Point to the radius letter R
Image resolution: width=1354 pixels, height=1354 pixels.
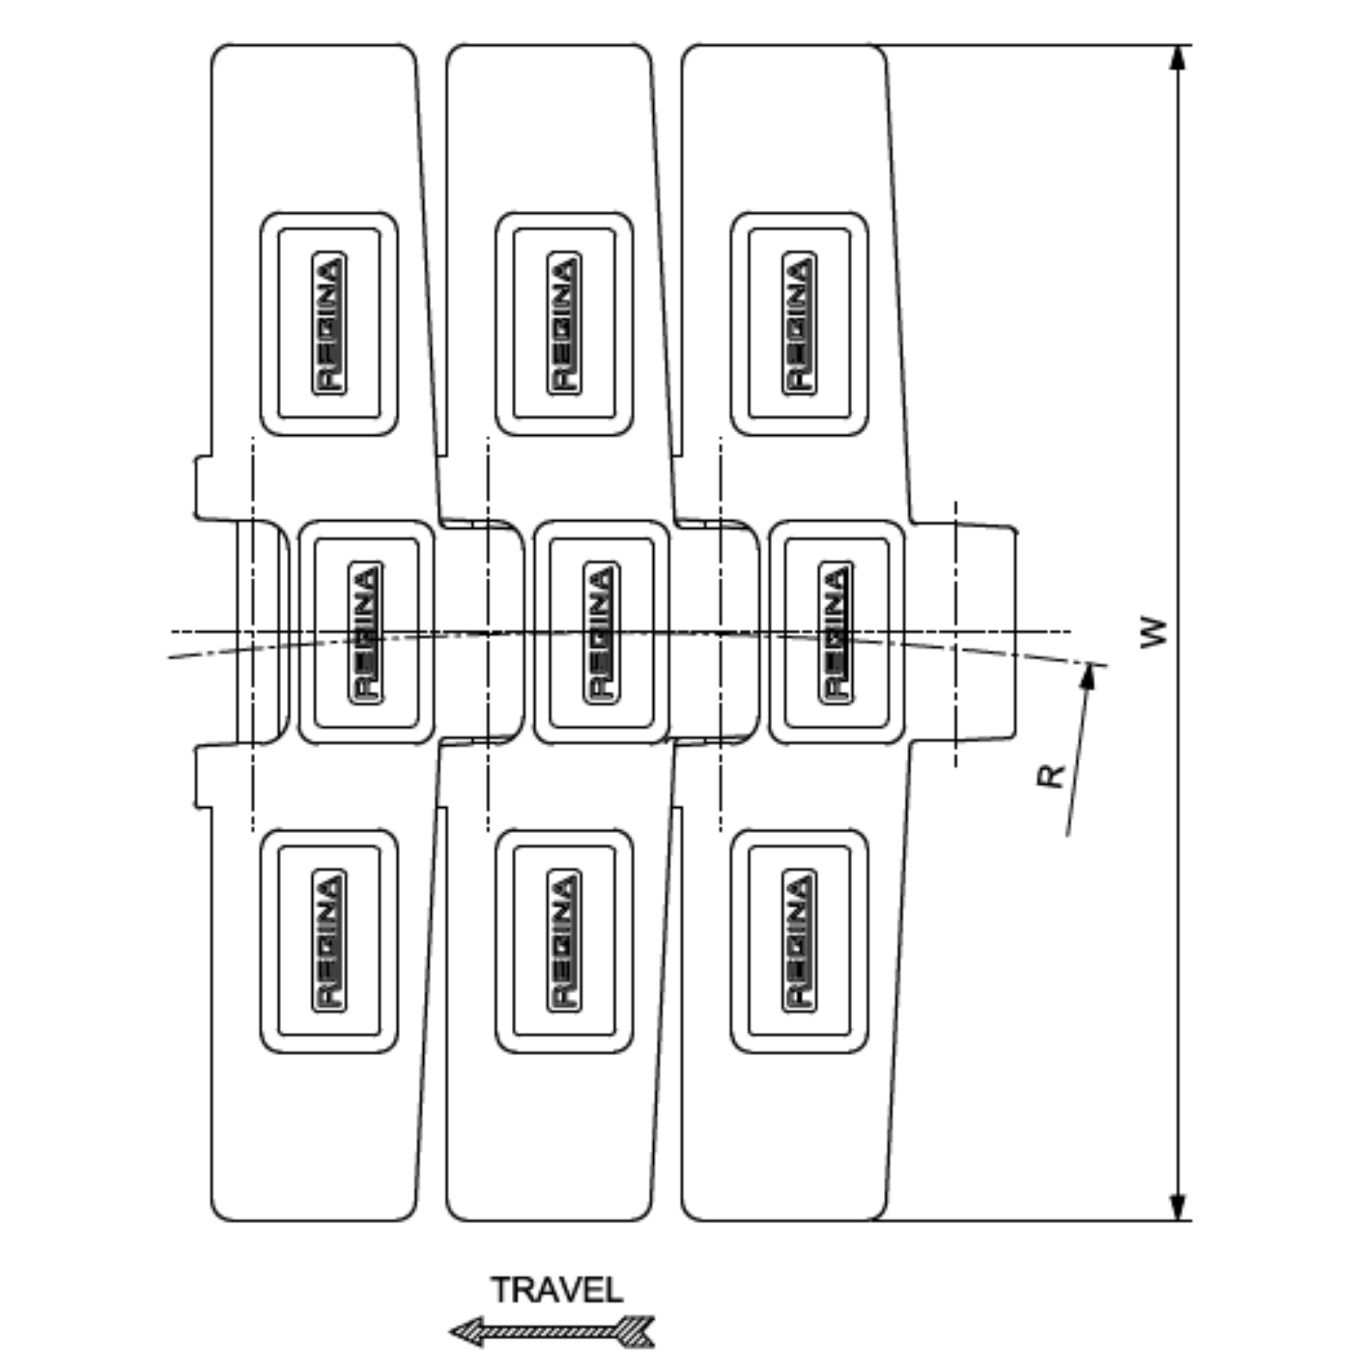coord(1050,777)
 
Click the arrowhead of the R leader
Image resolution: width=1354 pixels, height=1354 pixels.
coord(1088,676)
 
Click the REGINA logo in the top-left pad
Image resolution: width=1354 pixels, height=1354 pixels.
coord(329,323)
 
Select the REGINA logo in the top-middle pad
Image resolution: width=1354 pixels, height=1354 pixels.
coord(564,323)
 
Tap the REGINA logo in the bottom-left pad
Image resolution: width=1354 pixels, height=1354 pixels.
coord(329,940)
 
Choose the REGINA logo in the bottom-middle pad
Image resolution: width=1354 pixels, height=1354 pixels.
coord(564,940)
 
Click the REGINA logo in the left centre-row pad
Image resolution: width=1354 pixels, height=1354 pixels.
coord(365,632)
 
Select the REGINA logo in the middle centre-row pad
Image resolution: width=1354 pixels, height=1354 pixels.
coord(600,632)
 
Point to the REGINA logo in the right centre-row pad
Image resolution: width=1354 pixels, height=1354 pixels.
coord(836,632)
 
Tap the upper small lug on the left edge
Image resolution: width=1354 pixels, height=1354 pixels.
coord(203,488)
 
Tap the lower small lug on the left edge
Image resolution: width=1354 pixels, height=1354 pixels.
coord(203,777)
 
